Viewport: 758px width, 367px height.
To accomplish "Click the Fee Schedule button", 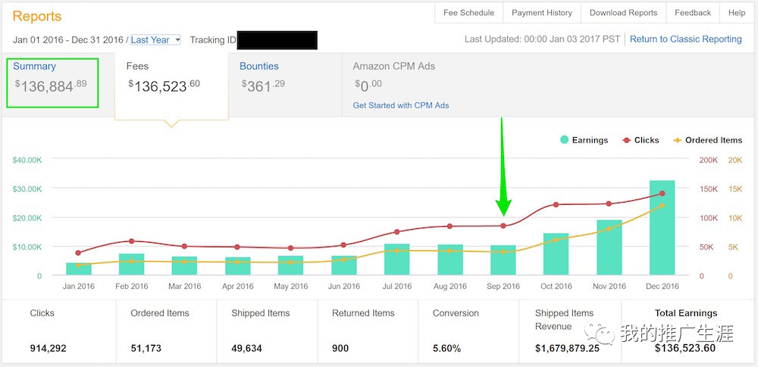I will tap(468, 13).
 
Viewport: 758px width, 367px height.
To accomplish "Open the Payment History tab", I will tap(541, 13).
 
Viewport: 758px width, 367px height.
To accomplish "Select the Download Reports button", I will tap(623, 13).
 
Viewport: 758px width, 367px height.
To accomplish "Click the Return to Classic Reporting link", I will tap(685, 39).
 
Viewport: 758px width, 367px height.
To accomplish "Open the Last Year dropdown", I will tap(155, 39).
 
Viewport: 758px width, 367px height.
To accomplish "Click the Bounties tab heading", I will tap(259, 66).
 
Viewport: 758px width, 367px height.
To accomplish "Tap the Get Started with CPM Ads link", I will tap(401, 105).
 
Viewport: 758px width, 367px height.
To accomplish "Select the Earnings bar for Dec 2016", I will tap(662, 227).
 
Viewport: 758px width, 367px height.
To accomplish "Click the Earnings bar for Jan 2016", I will tap(79, 268).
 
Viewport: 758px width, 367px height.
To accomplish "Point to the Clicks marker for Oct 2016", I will tap(556, 205).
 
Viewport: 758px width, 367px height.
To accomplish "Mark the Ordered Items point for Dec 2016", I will tap(662, 205).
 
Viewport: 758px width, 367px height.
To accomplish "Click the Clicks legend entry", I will tap(641, 140).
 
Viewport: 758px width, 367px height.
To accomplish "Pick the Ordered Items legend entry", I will tap(707, 140).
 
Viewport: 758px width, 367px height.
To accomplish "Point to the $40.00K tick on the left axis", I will tap(27, 160).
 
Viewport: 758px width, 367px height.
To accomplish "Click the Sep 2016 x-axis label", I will tap(503, 287).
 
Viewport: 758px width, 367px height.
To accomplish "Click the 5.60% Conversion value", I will tap(447, 348).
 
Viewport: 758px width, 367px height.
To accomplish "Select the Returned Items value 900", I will tap(341, 348).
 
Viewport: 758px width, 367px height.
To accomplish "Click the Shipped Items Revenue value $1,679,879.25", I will tap(568, 348).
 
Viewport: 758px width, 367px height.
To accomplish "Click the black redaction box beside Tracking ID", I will tap(277, 40).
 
